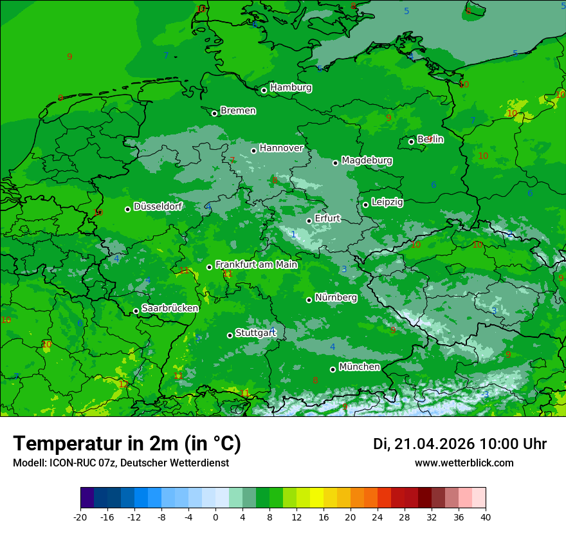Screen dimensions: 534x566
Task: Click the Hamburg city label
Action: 291,87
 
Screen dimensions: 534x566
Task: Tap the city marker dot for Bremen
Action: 215,113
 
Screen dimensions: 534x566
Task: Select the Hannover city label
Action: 281,148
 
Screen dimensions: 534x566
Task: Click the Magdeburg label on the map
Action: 367,160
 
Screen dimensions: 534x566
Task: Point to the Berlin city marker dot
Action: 412,142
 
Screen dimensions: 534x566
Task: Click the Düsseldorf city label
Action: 158,207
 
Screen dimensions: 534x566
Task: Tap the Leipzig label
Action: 387,202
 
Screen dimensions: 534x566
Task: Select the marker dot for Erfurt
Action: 309,221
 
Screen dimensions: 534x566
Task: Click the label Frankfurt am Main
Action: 256,264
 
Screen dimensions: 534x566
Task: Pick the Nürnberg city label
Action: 336,297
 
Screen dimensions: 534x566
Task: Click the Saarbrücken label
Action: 170,308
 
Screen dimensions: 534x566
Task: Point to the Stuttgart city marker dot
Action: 230,335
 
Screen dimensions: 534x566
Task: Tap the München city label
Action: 359,367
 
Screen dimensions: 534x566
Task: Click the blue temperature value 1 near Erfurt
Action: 293,234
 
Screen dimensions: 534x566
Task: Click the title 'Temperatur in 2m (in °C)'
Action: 127,443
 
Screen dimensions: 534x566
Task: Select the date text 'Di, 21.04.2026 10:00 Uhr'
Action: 459,444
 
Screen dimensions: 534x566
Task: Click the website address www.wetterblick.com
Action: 464,463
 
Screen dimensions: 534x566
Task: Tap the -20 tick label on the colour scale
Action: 80,517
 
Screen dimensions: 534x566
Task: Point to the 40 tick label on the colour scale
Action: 485,517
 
